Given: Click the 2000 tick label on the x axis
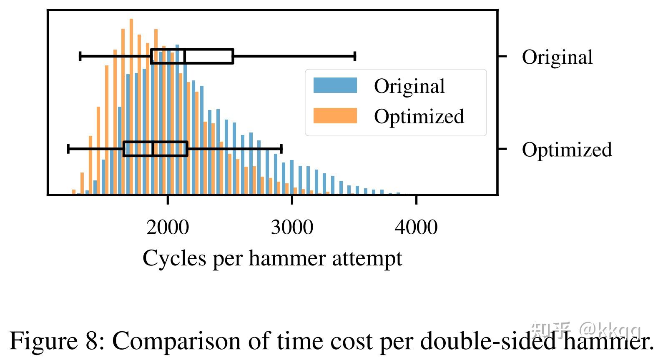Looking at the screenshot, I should click(168, 227).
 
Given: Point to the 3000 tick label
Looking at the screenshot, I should click(292, 227).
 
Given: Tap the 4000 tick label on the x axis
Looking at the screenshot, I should click(416, 227).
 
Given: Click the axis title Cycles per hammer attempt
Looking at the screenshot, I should click(272, 258).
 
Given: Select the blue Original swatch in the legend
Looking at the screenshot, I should click(335, 85).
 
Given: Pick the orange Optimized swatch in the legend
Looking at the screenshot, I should click(335, 116).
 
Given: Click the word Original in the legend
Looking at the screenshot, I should click(409, 86).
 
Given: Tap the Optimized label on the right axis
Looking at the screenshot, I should click(567, 150).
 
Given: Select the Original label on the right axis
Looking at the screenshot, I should click(557, 57).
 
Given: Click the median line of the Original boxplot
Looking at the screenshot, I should click(185, 56).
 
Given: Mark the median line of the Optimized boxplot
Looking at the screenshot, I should click(153, 149).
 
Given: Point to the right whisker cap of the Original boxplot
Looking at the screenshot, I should click(355, 56).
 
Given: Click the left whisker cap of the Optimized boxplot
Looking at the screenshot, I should click(68, 149).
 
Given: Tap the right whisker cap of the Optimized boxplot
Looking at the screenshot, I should click(282, 149).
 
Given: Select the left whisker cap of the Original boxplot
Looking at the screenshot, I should click(80, 56).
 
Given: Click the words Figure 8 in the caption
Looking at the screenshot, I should click(54, 341).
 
